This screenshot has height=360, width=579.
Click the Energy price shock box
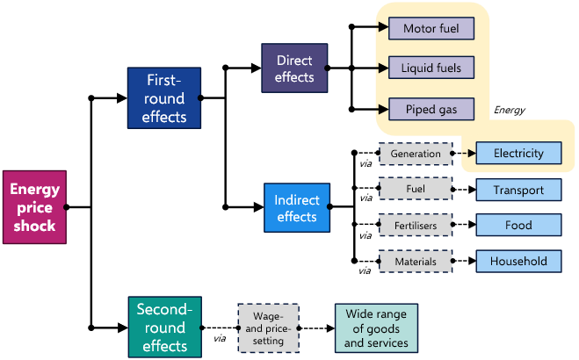click(x=33, y=207)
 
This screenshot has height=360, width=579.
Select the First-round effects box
click(x=163, y=98)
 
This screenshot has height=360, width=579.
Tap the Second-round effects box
click(x=164, y=327)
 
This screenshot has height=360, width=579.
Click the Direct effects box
click(x=294, y=68)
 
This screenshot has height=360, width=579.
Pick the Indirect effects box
click(x=297, y=207)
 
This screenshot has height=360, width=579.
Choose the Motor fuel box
click(x=431, y=28)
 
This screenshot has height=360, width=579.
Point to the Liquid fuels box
click(x=431, y=68)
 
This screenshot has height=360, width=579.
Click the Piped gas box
click(x=431, y=109)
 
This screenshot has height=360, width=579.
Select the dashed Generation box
click(x=416, y=154)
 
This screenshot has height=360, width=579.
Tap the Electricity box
click(x=518, y=154)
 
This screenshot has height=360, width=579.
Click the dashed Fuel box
click(x=416, y=189)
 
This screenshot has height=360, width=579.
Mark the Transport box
click(x=518, y=190)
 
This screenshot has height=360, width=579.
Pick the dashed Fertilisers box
click(x=416, y=226)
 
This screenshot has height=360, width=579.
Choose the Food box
click(x=518, y=226)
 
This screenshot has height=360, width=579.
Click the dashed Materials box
click(x=416, y=261)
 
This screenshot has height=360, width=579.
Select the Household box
click(x=518, y=261)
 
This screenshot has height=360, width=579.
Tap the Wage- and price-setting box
click(x=268, y=328)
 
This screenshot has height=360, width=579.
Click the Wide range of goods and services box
click(x=376, y=328)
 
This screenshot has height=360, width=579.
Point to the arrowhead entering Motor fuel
click(x=383, y=28)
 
